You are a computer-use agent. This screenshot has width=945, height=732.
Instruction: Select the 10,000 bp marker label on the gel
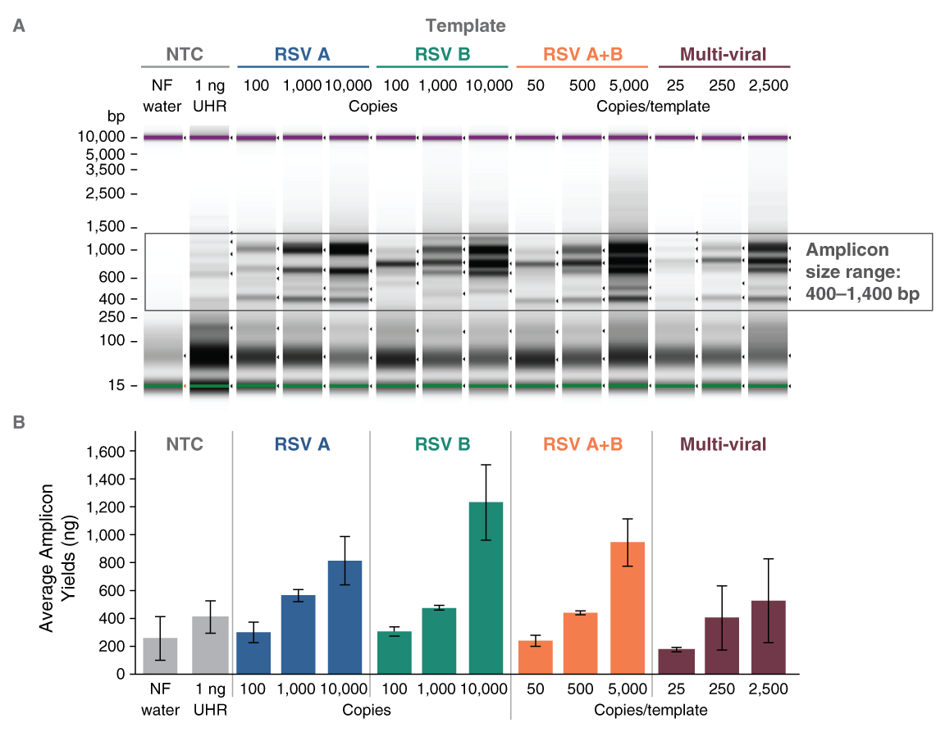coord(103,137)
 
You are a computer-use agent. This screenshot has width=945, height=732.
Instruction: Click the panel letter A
coord(18,25)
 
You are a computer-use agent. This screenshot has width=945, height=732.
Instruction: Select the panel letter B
coord(18,423)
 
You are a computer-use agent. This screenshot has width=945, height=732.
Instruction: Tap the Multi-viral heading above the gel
coord(724,55)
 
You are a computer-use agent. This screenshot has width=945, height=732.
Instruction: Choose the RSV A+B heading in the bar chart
coord(581,444)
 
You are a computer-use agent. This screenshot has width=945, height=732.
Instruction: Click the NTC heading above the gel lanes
coord(185,55)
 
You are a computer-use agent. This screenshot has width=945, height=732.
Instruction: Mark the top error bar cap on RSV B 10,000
coord(485,465)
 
